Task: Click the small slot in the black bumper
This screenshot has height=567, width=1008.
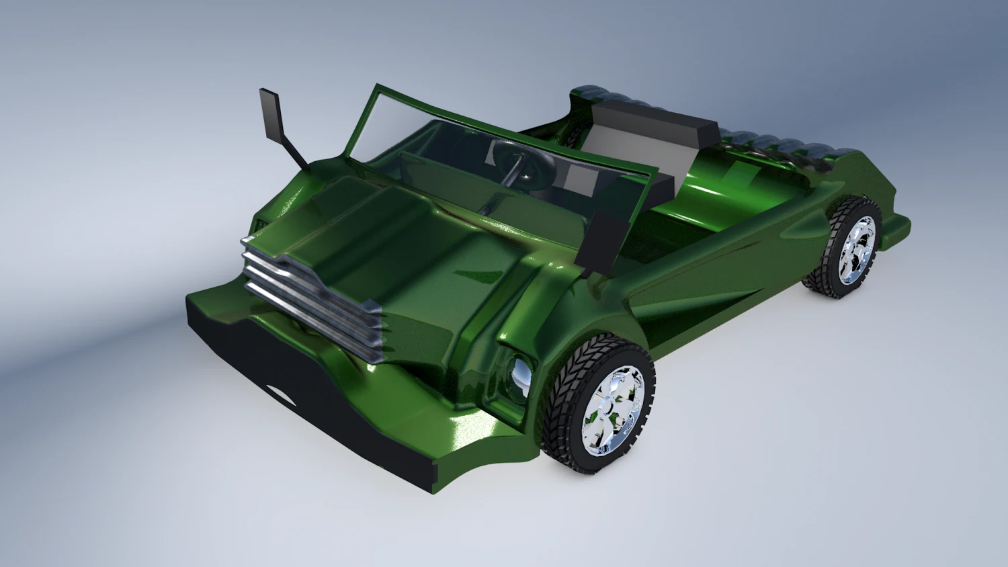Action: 280,394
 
